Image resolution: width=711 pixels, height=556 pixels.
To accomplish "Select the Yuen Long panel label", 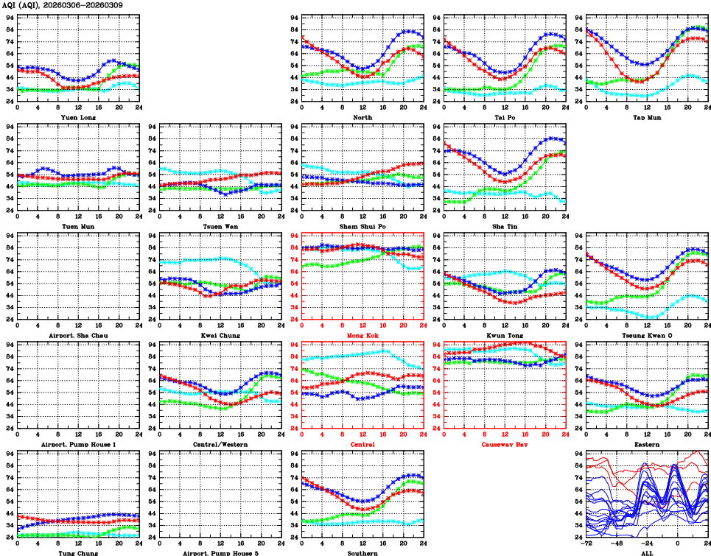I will point(78,116).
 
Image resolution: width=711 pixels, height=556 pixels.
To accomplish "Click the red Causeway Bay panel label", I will point(504,444).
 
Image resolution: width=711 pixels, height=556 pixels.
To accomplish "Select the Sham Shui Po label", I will point(362,226).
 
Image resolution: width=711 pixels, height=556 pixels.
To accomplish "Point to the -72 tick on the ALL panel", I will point(586,543).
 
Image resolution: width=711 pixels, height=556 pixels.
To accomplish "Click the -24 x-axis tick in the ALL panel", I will point(648,543).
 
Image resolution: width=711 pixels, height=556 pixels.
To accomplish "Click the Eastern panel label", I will point(646,444).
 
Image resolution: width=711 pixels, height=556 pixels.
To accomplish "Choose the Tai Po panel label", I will point(504,116).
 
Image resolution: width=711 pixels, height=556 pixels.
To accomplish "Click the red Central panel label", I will point(362,444).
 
